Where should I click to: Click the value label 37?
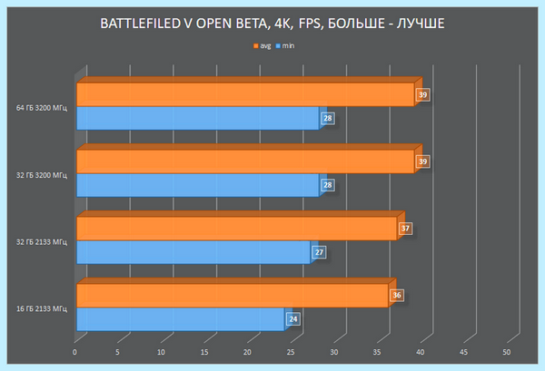click(405, 229)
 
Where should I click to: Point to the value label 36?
click(397, 296)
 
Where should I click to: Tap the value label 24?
click(293, 319)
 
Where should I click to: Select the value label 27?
click(319, 252)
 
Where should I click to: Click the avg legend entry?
click(263, 46)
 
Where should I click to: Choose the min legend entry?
click(285, 46)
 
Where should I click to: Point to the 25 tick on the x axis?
click(291, 352)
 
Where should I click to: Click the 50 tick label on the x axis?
click(507, 352)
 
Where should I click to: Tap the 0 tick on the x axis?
click(74, 352)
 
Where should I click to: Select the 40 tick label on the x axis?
click(421, 352)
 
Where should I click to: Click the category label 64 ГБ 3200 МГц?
click(42, 108)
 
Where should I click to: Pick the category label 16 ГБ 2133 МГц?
click(42, 309)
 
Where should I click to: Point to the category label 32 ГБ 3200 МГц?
click(42, 175)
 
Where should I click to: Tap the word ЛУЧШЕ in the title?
click(421, 24)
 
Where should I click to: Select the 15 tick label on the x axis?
click(204, 352)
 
